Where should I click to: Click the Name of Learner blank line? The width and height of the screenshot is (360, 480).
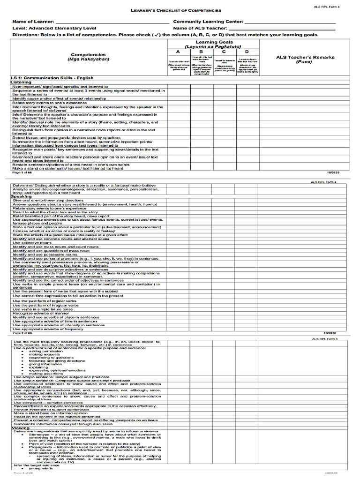click(x=112, y=22)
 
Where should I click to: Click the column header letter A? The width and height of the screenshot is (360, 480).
click(x=178, y=52)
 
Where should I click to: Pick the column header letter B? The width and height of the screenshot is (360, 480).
click(x=201, y=52)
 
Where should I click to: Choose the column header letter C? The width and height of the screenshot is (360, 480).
click(x=224, y=52)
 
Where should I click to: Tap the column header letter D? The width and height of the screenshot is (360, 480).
click(x=247, y=52)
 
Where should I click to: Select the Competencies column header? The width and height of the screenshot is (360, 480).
click(x=88, y=54)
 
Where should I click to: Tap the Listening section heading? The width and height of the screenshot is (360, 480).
click(x=21, y=82)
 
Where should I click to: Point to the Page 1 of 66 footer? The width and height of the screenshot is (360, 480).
click(x=22, y=172)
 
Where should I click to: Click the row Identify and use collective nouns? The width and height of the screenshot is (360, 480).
click(x=32, y=242)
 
